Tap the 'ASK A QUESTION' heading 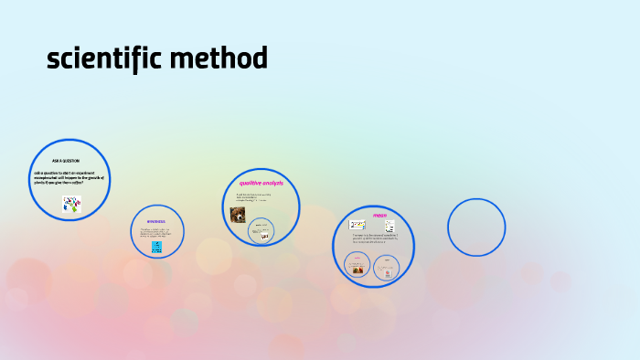[66, 161]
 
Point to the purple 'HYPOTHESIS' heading [156, 220]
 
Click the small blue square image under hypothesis [157, 247]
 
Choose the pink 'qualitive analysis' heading [261, 184]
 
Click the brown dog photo [238, 215]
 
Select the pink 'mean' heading [379, 216]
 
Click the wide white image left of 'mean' [357, 225]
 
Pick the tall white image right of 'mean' [389, 227]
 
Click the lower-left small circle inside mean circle [358, 266]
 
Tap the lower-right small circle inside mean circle [388, 268]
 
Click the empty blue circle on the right [476, 227]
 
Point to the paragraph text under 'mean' [374, 238]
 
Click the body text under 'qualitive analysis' [254, 196]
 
